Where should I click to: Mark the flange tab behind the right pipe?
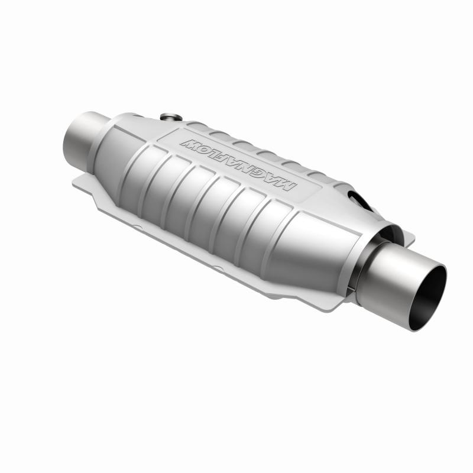[x=408, y=237]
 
